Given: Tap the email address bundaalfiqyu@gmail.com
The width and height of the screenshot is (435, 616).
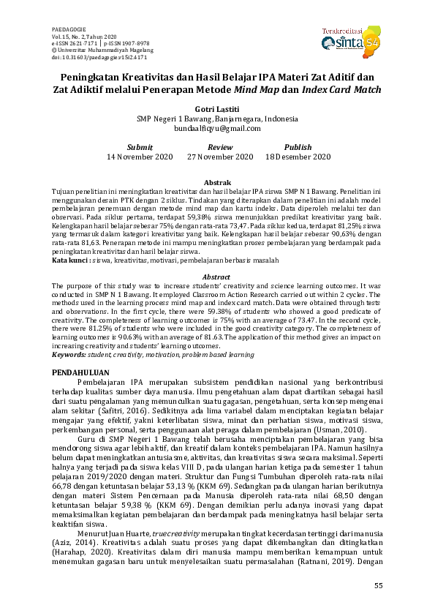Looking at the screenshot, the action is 217,128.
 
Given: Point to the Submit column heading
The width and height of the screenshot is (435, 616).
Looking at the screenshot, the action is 140,147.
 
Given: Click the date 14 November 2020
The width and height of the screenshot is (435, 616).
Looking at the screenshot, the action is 140,157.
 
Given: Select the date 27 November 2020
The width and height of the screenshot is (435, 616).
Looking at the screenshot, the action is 220,157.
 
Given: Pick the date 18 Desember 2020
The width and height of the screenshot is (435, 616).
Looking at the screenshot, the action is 298,157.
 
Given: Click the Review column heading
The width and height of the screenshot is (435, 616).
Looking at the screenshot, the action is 220,147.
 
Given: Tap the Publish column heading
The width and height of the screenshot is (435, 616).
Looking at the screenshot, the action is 298,147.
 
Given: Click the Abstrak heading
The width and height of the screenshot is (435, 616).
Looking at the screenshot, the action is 217,182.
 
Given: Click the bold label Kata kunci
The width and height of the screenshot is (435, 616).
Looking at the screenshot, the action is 71,260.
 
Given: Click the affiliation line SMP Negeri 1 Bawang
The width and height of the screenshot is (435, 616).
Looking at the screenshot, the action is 217,118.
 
